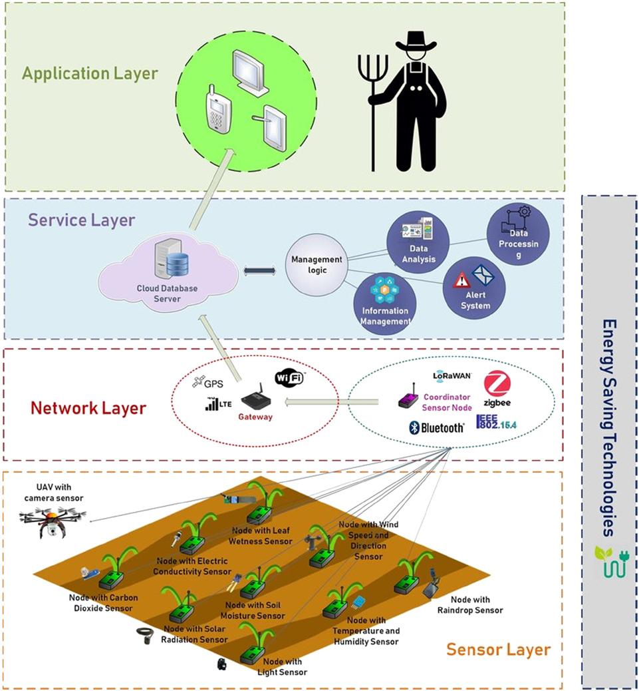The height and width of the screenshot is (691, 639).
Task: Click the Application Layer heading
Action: (90, 73)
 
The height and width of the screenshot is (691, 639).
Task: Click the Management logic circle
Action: (317, 265)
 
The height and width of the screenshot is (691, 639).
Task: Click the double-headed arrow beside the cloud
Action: (261, 270)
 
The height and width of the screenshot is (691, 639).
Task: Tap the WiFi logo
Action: (289, 378)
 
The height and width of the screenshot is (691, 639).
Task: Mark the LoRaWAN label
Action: (452, 376)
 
